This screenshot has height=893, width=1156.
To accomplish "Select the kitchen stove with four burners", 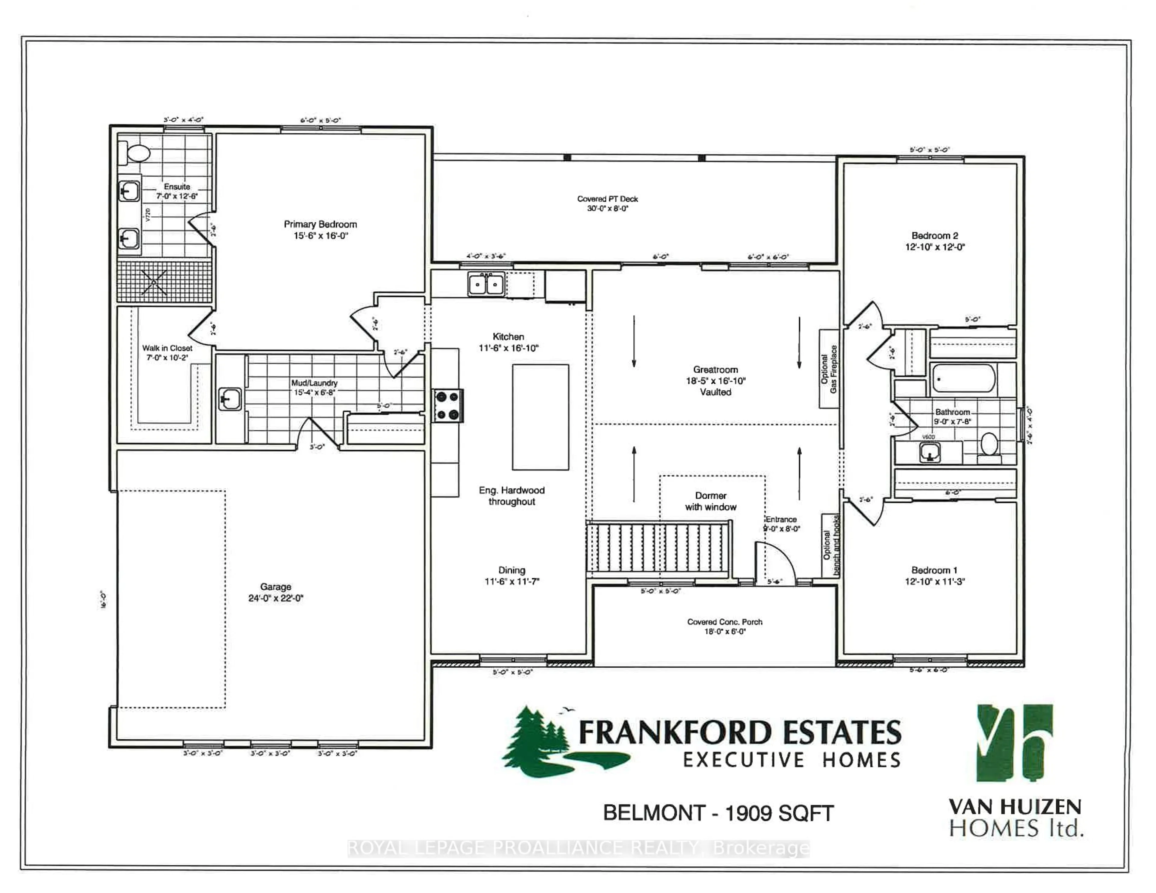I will [x=448, y=405].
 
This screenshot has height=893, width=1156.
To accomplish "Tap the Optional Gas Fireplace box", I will [x=828, y=369].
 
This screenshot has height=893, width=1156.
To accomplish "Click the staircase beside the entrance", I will [x=659, y=547].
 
